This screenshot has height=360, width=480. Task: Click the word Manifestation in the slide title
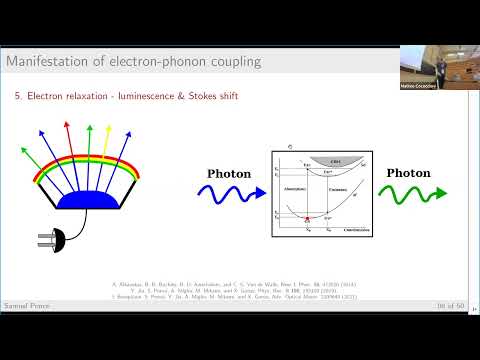click(x=42, y=62)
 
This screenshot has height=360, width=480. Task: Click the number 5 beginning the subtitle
click(x=18, y=96)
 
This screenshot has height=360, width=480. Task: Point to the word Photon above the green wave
click(x=408, y=173)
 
